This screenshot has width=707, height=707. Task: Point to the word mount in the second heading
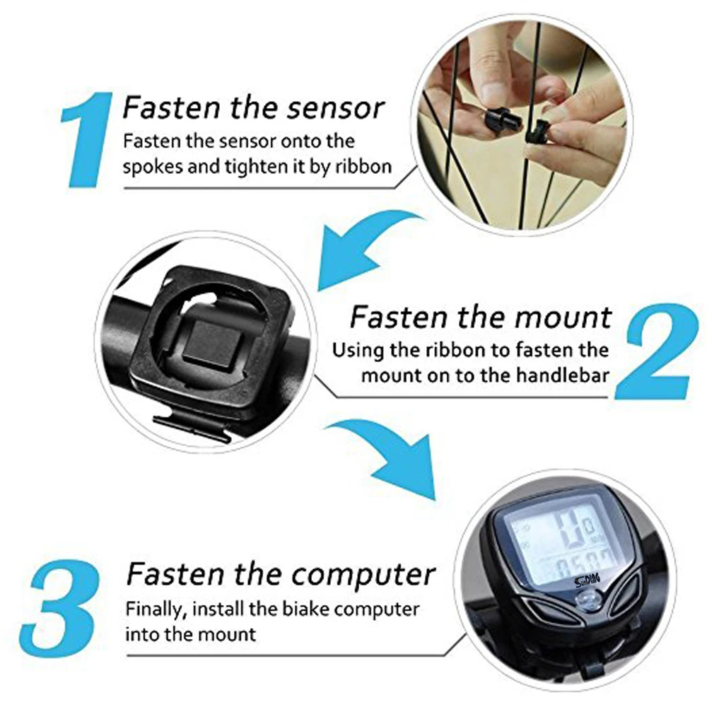[563, 317]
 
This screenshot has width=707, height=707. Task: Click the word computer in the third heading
[363, 574]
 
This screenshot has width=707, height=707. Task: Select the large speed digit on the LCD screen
[568, 530]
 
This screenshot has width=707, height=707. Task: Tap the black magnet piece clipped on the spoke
[537, 130]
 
